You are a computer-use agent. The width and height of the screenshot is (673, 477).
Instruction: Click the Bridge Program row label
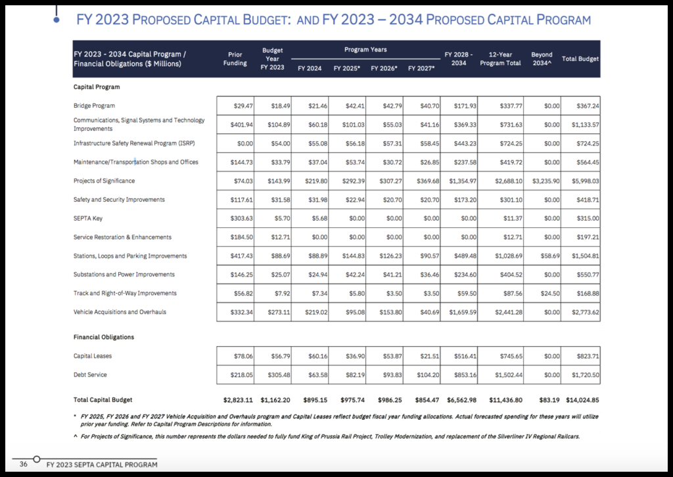tap(95, 106)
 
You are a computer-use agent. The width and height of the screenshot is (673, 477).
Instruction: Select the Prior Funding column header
tap(235, 58)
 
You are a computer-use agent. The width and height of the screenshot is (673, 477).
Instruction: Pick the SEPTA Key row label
tap(88, 218)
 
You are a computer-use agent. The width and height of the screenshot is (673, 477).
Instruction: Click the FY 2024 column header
tap(310, 68)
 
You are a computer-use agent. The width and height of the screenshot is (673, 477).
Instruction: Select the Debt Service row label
tap(90, 375)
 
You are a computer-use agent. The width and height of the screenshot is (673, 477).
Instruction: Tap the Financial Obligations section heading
tap(104, 337)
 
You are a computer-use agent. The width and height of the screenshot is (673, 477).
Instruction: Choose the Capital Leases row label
tap(93, 356)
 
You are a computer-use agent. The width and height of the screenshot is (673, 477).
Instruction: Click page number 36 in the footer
tap(23, 465)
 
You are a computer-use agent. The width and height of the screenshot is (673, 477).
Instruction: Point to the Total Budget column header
tap(580, 58)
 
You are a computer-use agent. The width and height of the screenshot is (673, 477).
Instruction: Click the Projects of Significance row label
tap(104, 181)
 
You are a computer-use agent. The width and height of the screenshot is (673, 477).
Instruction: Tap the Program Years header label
tap(365, 49)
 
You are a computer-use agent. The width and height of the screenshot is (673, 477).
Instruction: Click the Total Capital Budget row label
tap(103, 399)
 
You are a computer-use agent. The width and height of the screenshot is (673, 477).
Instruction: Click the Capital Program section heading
tap(96, 87)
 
